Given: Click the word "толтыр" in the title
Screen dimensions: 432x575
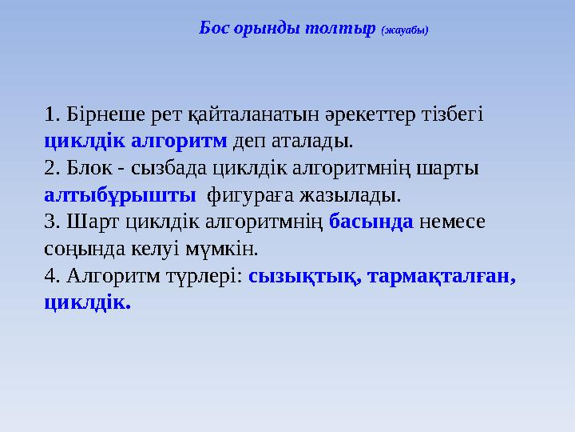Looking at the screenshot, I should (347, 28).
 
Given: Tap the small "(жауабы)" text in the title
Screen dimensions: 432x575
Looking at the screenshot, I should (405, 30).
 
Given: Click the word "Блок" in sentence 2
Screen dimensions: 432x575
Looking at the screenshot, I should (88, 168).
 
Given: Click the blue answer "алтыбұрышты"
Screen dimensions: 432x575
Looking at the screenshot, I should (120, 194).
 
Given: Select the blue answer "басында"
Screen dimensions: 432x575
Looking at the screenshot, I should (371, 222).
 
